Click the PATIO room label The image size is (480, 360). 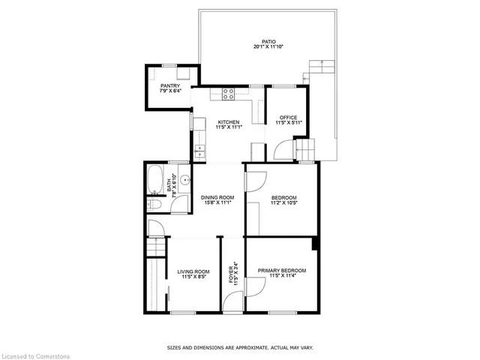(268, 42)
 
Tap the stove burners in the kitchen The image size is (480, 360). (228, 94)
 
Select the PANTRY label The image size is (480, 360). (170, 86)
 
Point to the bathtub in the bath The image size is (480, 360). (154, 180)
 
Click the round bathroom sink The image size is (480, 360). (185, 180)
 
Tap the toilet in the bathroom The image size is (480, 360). (153, 204)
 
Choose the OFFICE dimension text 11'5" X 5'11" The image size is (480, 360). (289, 123)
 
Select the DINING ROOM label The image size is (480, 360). (217, 197)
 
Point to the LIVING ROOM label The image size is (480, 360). (193, 271)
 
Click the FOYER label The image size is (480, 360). (231, 274)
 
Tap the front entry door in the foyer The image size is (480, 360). (232, 301)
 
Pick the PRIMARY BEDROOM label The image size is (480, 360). (282, 271)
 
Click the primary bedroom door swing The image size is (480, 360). (256, 287)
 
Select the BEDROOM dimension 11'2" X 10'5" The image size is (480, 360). (284, 202)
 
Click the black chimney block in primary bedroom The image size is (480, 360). (314, 244)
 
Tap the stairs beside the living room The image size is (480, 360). (156, 247)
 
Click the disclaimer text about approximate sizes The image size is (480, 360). (240, 348)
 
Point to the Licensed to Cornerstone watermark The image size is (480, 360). (35, 356)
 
